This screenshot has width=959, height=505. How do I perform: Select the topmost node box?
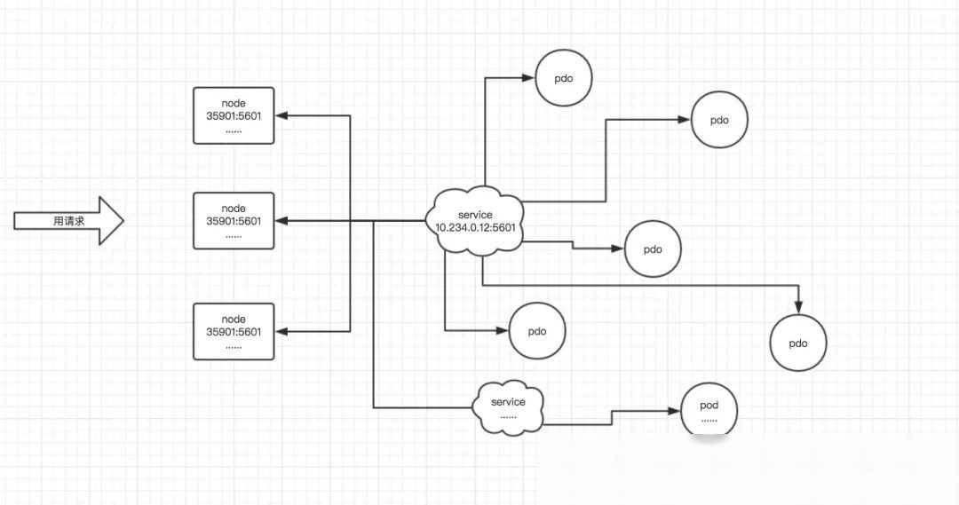[234, 115]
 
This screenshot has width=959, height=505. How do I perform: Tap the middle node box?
[234, 220]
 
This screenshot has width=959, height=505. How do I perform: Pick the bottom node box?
[234, 331]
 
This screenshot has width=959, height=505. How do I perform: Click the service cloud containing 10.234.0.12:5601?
[475, 222]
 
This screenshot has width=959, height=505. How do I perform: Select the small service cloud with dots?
[508, 407]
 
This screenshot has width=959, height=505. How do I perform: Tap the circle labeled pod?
[709, 410]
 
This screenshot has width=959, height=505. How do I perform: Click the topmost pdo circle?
[563, 78]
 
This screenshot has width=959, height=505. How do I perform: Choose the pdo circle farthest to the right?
[798, 343]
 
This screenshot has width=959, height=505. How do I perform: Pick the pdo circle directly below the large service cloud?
[536, 331]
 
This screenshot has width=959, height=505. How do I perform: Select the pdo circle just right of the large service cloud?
[653, 249]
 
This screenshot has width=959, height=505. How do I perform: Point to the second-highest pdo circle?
[719, 120]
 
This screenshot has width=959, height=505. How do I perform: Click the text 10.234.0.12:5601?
[475, 228]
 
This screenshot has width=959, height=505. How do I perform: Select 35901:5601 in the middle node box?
[234, 221]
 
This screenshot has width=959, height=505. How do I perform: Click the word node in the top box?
[234, 103]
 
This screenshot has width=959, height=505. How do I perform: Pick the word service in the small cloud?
[508, 402]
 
